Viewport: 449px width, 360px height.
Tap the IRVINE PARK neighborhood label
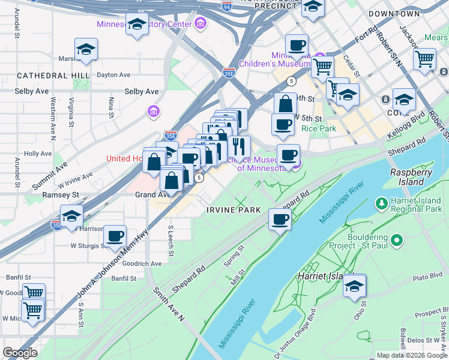[234, 210]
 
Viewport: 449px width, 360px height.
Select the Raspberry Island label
[411, 176]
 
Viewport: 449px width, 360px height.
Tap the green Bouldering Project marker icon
[396, 241]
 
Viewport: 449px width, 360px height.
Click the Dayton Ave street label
[113, 75]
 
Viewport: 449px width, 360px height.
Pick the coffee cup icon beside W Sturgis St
[115, 236]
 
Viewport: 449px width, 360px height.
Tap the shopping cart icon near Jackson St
[424, 59]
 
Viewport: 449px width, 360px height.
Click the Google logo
[20, 353]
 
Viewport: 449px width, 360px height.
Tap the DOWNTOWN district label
[394, 13]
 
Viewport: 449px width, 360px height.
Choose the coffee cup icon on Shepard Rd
[280, 219]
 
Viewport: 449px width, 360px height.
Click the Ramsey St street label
[60, 195]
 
